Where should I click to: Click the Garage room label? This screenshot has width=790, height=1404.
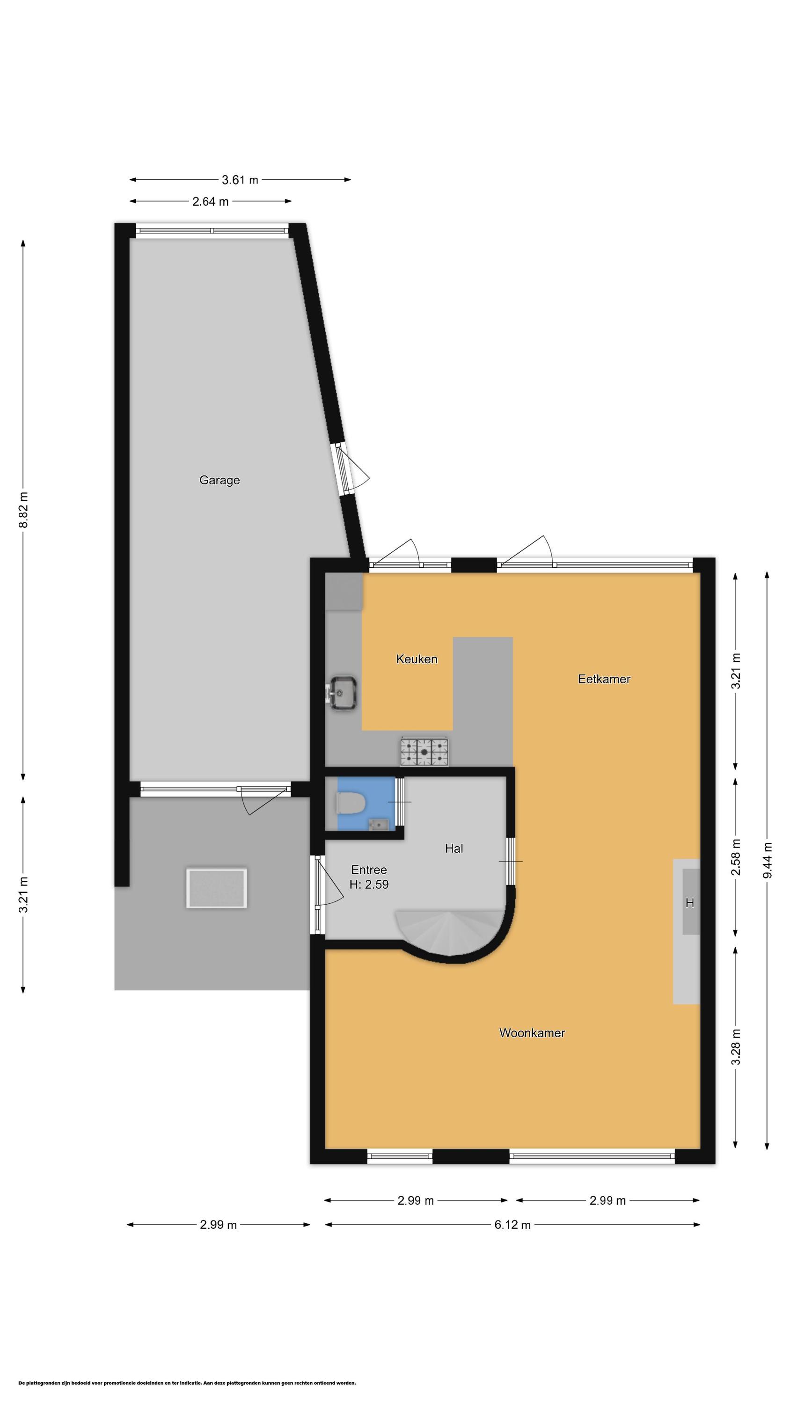(219, 480)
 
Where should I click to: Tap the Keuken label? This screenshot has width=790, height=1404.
(417, 659)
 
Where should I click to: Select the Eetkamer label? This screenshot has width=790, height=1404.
(604, 679)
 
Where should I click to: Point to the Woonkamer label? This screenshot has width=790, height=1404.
(532, 1033)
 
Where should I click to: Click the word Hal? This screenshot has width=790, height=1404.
(454, 848)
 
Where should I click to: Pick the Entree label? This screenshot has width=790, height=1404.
(369, 870)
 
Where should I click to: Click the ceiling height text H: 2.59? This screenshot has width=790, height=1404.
(369, 884)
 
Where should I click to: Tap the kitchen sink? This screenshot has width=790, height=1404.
(342, 693)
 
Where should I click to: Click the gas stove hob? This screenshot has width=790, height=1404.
(424, 751)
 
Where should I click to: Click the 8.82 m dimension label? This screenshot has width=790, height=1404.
(23, 510)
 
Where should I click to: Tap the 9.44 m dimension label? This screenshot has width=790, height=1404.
(768, 860)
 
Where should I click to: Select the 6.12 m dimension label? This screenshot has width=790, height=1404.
(512, 1225)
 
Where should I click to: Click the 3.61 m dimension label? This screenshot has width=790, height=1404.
(240, 180)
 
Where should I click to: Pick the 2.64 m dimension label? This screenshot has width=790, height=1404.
(211, 202)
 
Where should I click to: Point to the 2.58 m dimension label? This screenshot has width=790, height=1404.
(736, 857)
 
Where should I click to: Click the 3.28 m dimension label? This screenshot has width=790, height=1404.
(736, 1047)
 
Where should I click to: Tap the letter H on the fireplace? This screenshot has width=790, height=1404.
(690, 903)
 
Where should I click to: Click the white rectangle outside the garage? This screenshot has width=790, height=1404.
(216, 888)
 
